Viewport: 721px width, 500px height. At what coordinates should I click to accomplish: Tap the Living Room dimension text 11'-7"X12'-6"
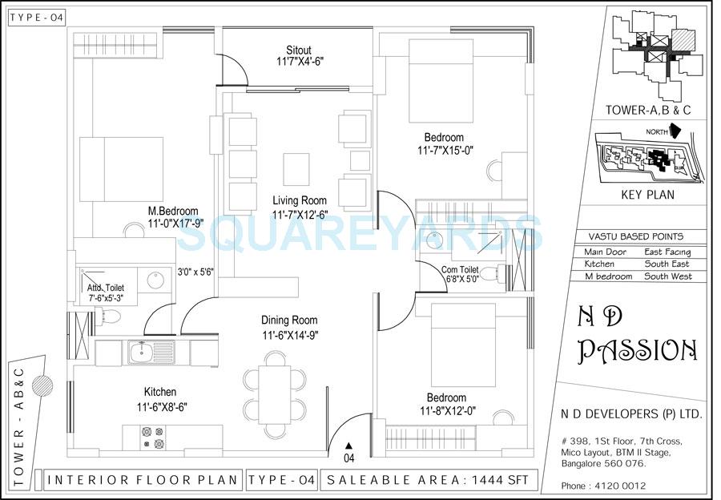[x=300, y=214]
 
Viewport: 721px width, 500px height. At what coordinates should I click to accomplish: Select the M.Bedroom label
[x=173, y=212]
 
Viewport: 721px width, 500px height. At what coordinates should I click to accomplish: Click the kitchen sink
[x=143, y=350]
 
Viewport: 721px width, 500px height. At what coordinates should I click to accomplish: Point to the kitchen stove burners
[x=152, y=437]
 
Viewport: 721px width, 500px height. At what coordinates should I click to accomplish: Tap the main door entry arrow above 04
[x=348, y=446]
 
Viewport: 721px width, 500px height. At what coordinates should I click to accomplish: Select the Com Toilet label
[x=460, y=270]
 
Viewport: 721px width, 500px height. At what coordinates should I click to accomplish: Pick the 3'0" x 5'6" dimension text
[x=195, y=272]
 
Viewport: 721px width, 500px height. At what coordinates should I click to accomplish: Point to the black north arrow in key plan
[x=675, y=130]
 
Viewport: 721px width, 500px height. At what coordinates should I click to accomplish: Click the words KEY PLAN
[x=647, y=194]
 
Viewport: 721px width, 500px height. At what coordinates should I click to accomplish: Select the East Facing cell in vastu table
[x=667, y=252]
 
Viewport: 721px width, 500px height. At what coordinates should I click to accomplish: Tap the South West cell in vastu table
[x=667, y=276]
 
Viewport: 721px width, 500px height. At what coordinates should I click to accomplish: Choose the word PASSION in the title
[x=638, y=350]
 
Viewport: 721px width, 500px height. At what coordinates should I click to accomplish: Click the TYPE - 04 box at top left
[x=35, y=17]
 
